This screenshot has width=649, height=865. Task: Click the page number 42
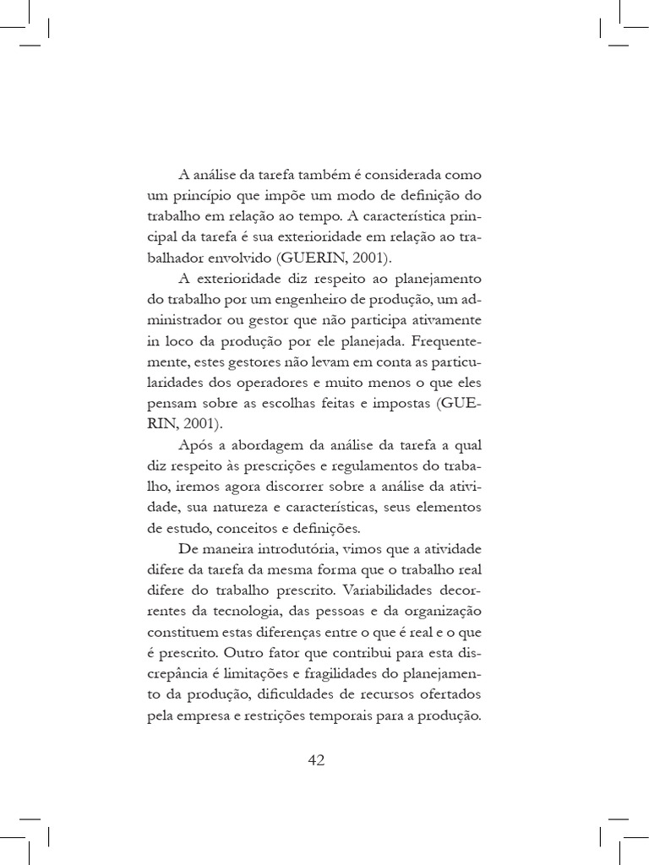pos(316,760)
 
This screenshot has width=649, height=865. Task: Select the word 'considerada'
pos(401,176)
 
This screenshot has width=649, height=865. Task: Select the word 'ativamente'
pos(445,320)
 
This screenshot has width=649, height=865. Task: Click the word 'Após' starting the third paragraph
pos(196,445)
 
